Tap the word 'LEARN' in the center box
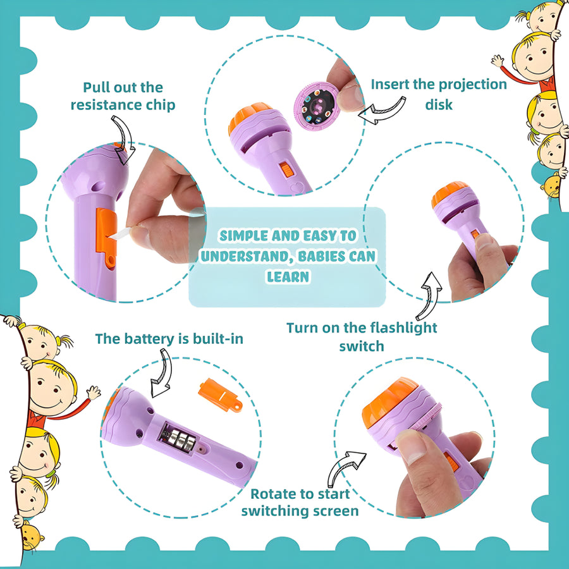[287, 277]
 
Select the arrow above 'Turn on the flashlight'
[429, 294]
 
